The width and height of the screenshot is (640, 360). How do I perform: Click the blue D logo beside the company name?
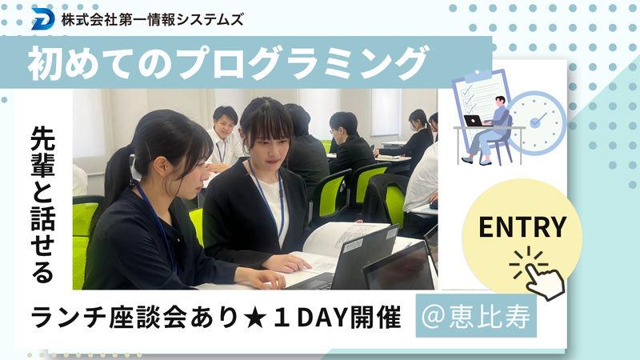click(x=42, y=18)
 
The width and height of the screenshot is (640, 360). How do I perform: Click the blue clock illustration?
click(x=538, y=122)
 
